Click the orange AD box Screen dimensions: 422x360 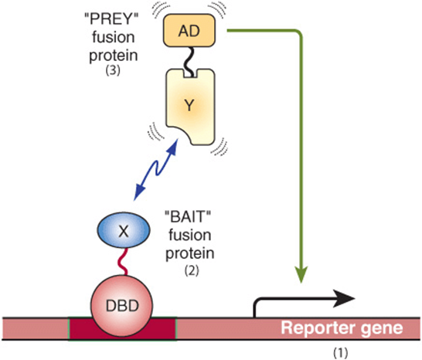click(x=189, y=31)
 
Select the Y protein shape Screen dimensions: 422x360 click(x=190, y=107)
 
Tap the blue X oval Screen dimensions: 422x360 click(x=124, y=230)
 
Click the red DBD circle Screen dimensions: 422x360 click(x=122, y=306)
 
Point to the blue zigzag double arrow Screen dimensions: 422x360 click(x=156, y=169)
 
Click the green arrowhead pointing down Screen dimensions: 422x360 click(x=301, y=274)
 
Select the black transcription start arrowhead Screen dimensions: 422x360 click(x=345, y=299)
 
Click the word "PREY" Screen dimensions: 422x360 click(x=111, y=19)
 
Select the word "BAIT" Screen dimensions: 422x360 click(x=188, y=217)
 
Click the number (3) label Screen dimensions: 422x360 click(x=113, y=70)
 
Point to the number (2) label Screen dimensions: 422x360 click(x=192, y=270)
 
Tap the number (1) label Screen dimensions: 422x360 click(x=340, y=352)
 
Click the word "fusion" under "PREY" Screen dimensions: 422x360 click(x=114, y=37)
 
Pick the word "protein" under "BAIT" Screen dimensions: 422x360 click(x=189, y=254)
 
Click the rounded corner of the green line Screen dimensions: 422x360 click(x=299, y=33)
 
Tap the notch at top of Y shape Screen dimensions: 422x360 click(x=191, y=74)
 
